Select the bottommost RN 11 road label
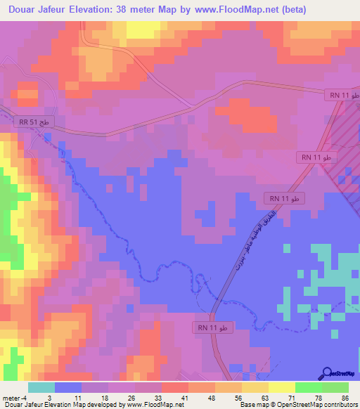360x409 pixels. [211, 327]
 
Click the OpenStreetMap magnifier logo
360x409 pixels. [328, 372]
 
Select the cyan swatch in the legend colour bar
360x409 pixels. [41, 387]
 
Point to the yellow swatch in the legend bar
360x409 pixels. [282, 387]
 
